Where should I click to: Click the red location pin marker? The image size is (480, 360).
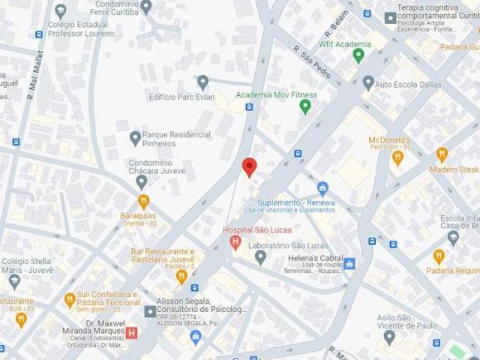(x=250, y=166)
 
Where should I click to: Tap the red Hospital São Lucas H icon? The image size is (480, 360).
(x=235, y=242)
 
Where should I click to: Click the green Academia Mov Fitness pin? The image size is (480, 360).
(x=305, y=106)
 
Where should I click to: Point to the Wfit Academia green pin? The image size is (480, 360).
(x=358, y=54)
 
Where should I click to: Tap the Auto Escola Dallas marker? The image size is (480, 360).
(x=367, y=82)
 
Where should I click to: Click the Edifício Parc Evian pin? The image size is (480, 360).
(x=202, y=81)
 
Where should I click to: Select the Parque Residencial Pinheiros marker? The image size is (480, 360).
(x=135, y=137)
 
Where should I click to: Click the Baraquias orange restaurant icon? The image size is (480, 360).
(x=143, y=200)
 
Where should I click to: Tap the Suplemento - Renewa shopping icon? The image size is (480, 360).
(x=323, y=187)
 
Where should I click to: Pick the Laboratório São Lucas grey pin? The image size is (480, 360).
(x=260, y=257)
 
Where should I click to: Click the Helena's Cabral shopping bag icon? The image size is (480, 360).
(x=349, y=263)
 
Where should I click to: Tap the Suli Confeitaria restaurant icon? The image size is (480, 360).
(x=70, y=298)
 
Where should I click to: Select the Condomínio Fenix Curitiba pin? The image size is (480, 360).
(x=146, y=7)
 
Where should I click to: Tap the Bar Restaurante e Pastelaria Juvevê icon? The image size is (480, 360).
(x=181, y=277)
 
